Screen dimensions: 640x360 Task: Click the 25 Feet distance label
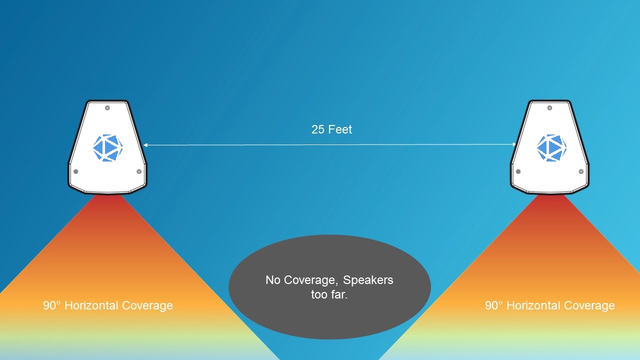[x=331, y=129]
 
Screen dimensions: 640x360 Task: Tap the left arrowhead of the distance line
[x=145, y=145]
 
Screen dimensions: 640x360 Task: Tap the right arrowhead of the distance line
[x=514, y=144]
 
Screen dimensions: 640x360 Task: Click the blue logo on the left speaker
[x=107, y=148]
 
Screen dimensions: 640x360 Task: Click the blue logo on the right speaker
[x=551, y=148]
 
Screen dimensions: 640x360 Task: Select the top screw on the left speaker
[x=107, y=108]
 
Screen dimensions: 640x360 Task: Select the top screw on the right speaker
[x=549, y=108]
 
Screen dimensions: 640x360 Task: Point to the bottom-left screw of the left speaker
[x=75, y=171]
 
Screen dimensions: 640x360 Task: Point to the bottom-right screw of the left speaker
[x=139, y=171]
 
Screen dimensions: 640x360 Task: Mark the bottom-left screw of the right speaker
[x=518, y=171]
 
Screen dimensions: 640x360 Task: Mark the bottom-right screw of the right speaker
[x=581, y=171]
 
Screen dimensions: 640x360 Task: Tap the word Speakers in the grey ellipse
[x=368, y=280]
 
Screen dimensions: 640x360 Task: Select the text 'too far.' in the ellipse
[x=329, y=294]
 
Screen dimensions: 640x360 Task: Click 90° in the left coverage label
[x=52, y=305]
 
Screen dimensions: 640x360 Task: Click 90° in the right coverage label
[x=493, y=305]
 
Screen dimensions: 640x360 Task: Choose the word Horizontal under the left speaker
[x=91, y=305]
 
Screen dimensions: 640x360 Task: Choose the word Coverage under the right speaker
[x=589, y=305]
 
